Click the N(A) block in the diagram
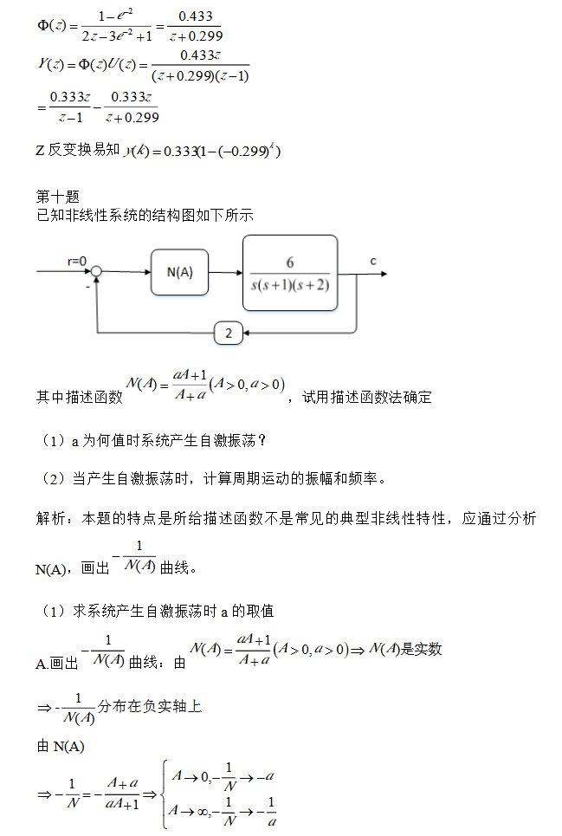179,272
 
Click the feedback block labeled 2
229,334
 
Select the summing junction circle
96,271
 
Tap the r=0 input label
77,261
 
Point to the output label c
373,262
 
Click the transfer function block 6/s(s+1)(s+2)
290,273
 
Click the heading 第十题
57,197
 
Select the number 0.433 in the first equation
196,16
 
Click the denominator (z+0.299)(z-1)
200,75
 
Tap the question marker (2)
54,479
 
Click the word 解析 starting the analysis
50,518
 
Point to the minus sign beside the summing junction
88,287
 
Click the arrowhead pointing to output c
384,274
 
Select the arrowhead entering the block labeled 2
247,334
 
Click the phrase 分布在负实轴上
150,706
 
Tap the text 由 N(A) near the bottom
61,746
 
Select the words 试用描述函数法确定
367,397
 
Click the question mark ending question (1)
262,441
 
